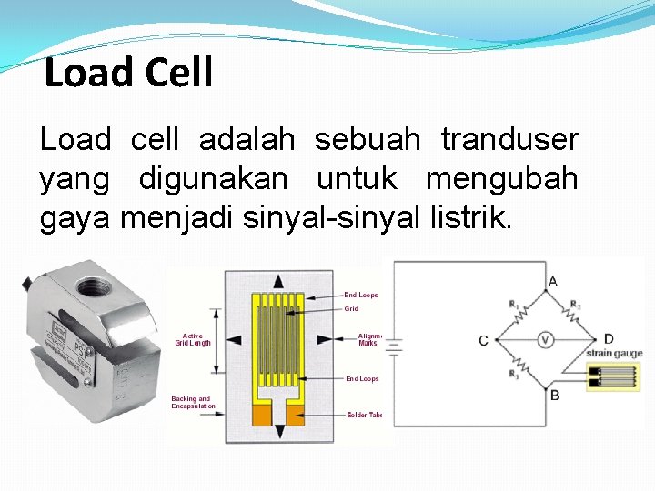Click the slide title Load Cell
click(x=128, y=73)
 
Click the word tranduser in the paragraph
click(x=509, y=140)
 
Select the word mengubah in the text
click(x=501, y=179)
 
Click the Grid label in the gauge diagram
click(x=351, y=309)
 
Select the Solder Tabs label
click(x=364, y=415)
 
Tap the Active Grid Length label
click(x=193, y=339)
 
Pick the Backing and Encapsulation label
click(x=193, y=402)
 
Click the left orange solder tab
click(x=263, y=416)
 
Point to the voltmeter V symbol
click(x=544, y=340)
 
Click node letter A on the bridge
click(x=553, y=282)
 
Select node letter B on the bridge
click(x=555, y=396)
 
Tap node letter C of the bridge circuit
click(x=483, y=341)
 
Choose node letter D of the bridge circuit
click(x=608, y=339)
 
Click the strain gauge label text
click(x=614, y=353)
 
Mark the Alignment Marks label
click(x=368, y=339)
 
